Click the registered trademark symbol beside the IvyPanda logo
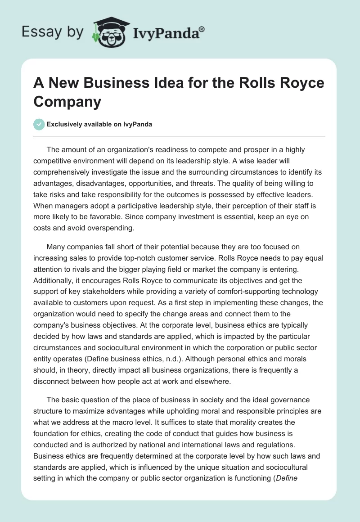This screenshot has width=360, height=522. coord(202,29)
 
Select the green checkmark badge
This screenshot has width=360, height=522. coord(40,124)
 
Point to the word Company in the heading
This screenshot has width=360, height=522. coord(67,101)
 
